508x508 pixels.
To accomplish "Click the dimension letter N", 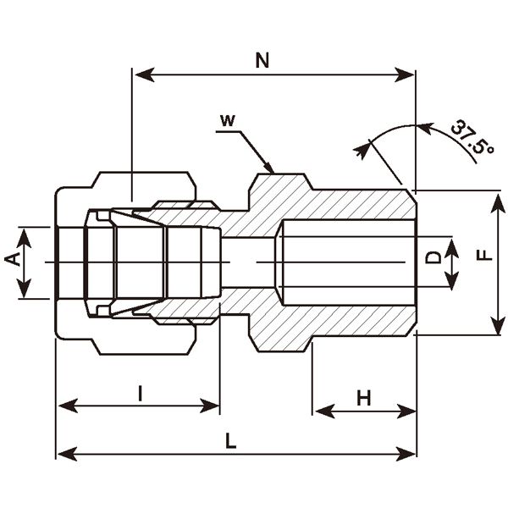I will coord(262,60).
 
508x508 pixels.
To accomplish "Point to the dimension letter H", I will coord(364,396).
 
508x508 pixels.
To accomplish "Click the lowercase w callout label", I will coord(226,120).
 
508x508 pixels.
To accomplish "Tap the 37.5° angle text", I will coord(471,139).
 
